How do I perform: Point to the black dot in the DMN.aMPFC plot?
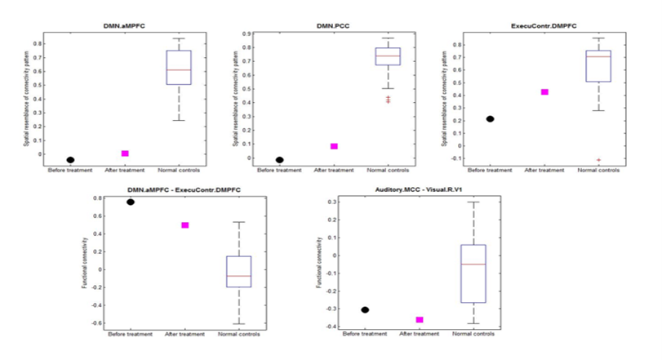tap(70, 160)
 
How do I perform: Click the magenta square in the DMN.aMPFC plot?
tap(125, 153)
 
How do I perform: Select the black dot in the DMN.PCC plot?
tap(280, 160)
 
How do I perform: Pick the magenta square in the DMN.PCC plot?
tap(334, 146)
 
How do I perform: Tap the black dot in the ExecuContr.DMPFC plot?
tap(490, 119)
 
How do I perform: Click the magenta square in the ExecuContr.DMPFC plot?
tap(544, 92)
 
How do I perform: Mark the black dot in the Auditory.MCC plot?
tap(365, 310)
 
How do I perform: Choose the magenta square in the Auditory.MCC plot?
tap(420, 320)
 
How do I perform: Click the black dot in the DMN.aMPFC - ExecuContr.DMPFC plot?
tap(130, 202)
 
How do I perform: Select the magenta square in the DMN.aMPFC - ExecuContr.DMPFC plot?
tap(185, 225)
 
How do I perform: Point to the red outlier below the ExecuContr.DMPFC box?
tap(599, 160)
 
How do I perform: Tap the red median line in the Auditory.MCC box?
tap(473, 264)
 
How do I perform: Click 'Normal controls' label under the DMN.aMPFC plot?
tap(179, 171)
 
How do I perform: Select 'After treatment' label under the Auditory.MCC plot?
tap(419, 335)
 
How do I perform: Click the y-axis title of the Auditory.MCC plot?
tap(319, 261)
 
